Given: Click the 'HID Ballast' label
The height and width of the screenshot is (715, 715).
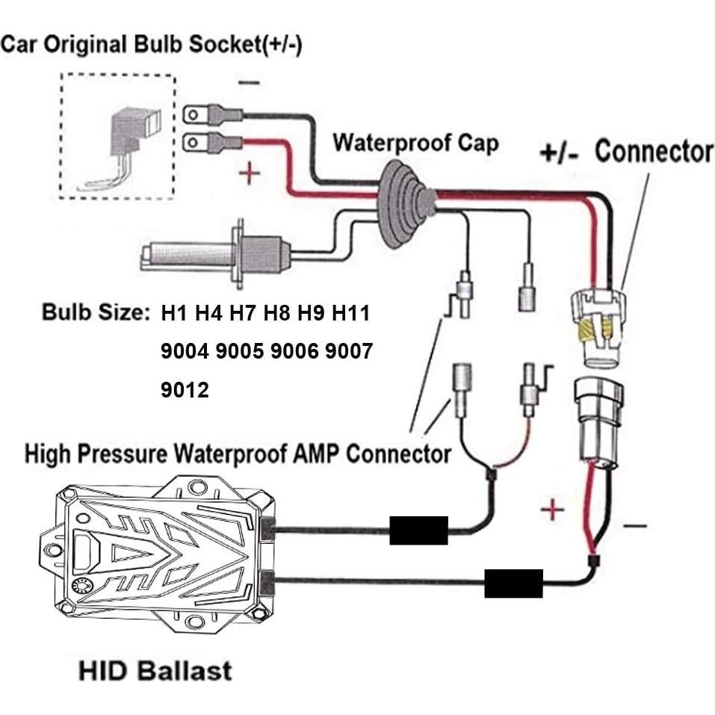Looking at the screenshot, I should point(155,669).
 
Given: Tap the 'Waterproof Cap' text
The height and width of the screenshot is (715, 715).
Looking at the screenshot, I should point(415,142).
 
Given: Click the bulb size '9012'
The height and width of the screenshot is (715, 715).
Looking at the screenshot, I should point(185,389).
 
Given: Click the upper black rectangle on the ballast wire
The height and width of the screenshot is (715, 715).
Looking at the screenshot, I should point(418,530).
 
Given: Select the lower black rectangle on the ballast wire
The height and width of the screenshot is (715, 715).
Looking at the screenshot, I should point(513,583).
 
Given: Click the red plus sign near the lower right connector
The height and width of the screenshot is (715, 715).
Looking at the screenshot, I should point(552,510).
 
